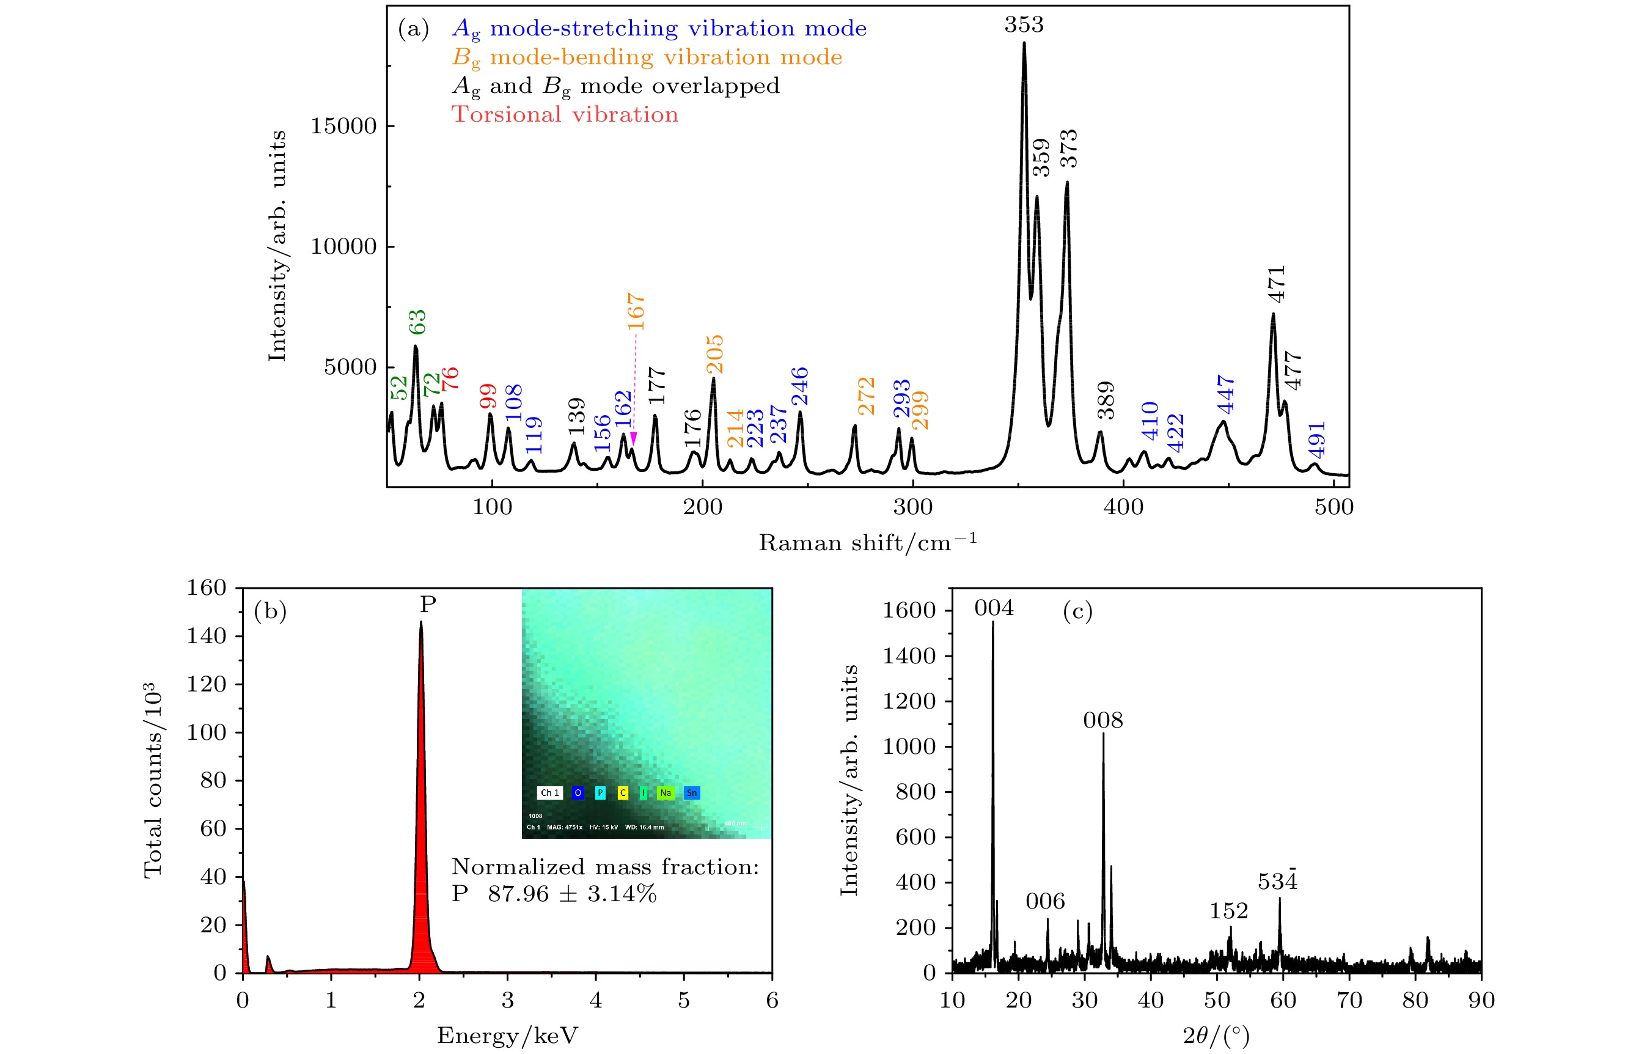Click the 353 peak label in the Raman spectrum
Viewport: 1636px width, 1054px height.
tap(1024, 24)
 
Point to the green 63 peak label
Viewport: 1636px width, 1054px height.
tap(417, 322)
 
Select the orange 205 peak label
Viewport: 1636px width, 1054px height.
tap(714, 354)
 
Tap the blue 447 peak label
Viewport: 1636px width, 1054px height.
tap(1226, 394)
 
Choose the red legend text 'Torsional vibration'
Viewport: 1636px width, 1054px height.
tap(565, 114)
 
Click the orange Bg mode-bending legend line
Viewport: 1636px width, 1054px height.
tap(647, 57)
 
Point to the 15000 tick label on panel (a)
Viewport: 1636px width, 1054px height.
tap(343, 126)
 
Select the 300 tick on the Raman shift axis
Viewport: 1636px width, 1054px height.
tap(912, 507)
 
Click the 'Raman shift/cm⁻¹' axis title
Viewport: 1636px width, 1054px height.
tap(867, 543)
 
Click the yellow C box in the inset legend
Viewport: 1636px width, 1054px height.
tap(622, 792)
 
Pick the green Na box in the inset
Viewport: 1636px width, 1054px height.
tap(666, 792)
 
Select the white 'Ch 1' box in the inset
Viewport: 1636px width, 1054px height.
tap(550, 792)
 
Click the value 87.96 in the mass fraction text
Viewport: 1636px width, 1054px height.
tap(518, 894)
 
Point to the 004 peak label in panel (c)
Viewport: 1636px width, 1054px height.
tap(994, 608)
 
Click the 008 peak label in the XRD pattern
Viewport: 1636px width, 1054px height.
tap(1102, 720)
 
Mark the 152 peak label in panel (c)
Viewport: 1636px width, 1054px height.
tap(1228, 911)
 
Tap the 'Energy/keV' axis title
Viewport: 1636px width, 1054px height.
tap(507, 1036)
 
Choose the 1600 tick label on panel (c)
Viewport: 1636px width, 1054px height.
tap(908, 611)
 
